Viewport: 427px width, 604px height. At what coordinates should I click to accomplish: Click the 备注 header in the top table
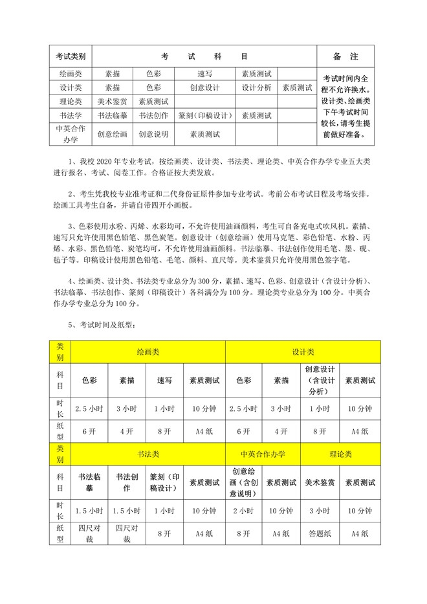point(345,56)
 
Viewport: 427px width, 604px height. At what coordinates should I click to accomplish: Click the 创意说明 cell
point(153,135)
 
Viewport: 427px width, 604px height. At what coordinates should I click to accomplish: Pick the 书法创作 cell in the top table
point(153,116)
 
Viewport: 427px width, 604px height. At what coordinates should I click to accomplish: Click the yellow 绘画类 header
point(148,352)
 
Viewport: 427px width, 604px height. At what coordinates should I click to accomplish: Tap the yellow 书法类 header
point(148,454)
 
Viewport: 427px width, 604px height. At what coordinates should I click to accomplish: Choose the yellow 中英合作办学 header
point(263,454)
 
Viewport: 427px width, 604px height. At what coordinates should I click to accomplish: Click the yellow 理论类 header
point(342,454)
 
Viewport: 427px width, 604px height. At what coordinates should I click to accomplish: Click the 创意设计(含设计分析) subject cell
point(320,381)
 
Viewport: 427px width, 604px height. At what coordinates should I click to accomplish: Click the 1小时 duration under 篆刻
point(165,510)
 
